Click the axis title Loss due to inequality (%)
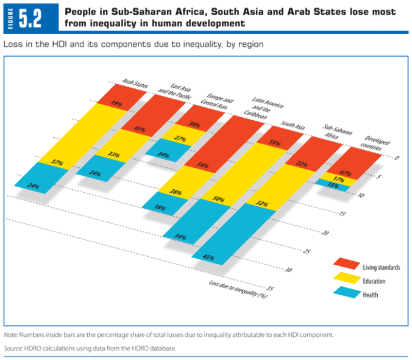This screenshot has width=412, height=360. pos(238,289)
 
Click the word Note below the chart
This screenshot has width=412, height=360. pos(11,335)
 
